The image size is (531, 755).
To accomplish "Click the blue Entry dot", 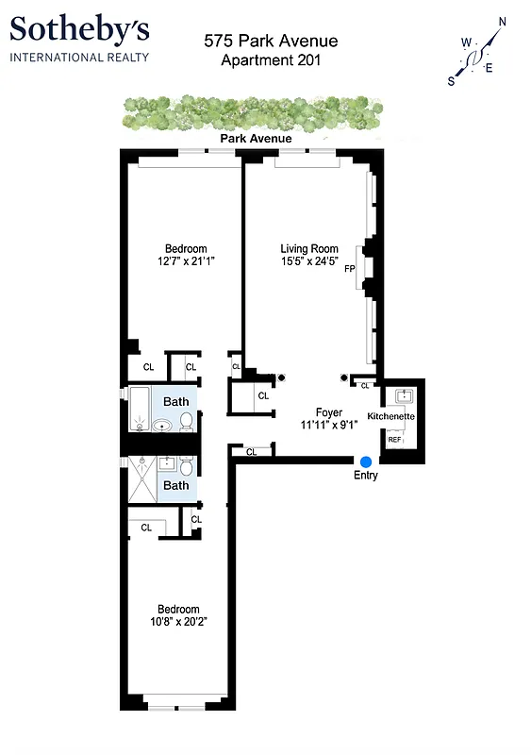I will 365,460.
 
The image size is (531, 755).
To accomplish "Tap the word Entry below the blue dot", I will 365,476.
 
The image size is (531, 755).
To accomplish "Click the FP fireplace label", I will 349,269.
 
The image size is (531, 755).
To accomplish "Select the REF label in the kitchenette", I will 394,440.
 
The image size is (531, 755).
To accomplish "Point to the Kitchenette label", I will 390,416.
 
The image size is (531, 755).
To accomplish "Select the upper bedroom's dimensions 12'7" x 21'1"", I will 187,260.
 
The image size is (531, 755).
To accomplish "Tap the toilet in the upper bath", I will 186,420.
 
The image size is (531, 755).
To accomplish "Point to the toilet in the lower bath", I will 187,467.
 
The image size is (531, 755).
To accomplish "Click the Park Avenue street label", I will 256,139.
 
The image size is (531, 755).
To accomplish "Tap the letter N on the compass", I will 502,22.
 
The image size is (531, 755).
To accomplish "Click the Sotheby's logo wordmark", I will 79,31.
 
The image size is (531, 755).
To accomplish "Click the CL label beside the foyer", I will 263,395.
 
